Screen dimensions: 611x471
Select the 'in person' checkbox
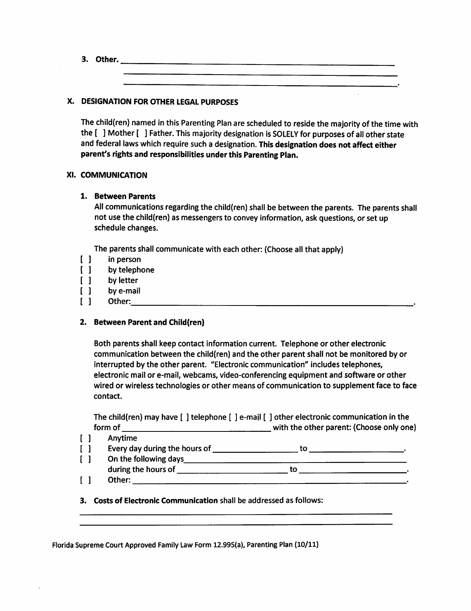tap(86, 260)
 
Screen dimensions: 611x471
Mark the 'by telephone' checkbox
tap(86, 270)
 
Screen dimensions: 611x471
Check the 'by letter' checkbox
tap(86, 281)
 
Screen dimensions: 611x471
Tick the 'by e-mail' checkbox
tap(86, 291)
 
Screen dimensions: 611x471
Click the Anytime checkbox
tap(86, 438)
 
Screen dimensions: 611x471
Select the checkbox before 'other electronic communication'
tap(268, 417)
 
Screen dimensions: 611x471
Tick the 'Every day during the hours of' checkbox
tap(86, 449)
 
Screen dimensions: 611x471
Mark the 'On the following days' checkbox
tap(86, 459)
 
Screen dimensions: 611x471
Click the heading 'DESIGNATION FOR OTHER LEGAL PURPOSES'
tap(159, 102)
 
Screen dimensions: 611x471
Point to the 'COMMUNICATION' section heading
tap(114, 175)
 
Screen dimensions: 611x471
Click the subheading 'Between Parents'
tap(125, 196)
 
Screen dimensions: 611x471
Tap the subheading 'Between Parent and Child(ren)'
tap(149, 323)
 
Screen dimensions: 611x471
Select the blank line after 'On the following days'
tap(296, 459)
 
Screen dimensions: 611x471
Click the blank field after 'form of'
tap(196, 428)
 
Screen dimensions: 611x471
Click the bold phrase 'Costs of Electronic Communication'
tap(156, 501)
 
